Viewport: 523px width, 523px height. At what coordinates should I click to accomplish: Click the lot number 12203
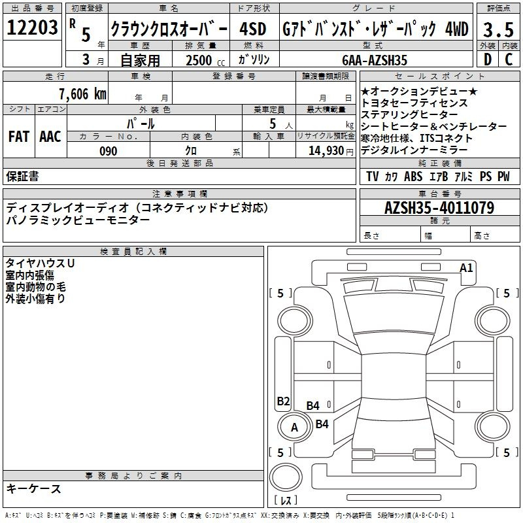pos(32,27)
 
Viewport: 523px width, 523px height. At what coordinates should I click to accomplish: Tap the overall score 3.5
pos(498,29)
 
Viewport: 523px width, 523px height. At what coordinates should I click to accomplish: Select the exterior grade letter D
pos(487,59)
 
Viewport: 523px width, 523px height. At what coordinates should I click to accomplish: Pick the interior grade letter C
pos(509,59)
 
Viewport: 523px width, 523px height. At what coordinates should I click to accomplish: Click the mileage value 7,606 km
pos(83,93)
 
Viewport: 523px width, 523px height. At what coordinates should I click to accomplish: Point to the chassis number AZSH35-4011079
pos(439,208)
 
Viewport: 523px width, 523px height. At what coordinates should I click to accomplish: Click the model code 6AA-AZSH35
pos(375,60)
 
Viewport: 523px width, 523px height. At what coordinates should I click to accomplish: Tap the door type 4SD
pos(253,29)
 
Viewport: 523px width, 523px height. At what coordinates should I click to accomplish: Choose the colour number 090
pos(109,151)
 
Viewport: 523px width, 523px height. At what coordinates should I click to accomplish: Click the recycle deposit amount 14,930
pos(326,151)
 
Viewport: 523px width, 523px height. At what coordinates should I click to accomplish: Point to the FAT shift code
pos(19,137)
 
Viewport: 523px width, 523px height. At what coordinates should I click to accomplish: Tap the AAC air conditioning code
pos(50,137)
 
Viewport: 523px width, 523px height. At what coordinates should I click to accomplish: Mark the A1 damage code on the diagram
pos(466,268)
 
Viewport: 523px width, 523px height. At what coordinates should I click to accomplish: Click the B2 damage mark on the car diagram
pos(283,401)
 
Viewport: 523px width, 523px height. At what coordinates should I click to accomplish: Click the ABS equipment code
pos(413,177)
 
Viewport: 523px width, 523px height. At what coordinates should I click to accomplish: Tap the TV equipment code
pos(372,177)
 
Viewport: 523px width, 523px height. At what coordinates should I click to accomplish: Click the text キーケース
pos(33,488)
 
